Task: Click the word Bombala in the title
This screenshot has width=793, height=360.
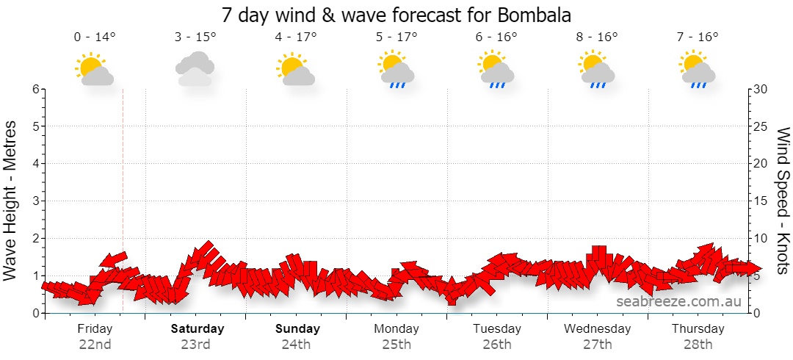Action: [x=535, y=15]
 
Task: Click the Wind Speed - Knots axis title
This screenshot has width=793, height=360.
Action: [x=783, y=201]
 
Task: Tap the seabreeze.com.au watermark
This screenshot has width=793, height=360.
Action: [x=678, y=302]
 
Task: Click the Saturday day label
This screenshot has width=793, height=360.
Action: [x=198, y=329]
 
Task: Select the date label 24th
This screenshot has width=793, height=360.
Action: [x=297, y=345]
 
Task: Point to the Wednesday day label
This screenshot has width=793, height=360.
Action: [x=597, y=329]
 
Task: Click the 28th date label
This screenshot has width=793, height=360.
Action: [x=698, y=345]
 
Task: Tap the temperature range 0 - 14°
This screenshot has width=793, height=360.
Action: [x=95, y=37]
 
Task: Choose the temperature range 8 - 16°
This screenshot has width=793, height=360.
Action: [x=598, y=37]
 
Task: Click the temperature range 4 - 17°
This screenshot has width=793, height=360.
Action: [x=296, y=37]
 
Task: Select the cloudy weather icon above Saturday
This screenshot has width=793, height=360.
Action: [x=195, y=69]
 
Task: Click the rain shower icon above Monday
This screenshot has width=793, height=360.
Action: [x=396, y=69]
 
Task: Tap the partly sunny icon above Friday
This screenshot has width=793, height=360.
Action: [x=95, y=69]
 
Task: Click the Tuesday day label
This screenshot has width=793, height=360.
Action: [x=497, y=329]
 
